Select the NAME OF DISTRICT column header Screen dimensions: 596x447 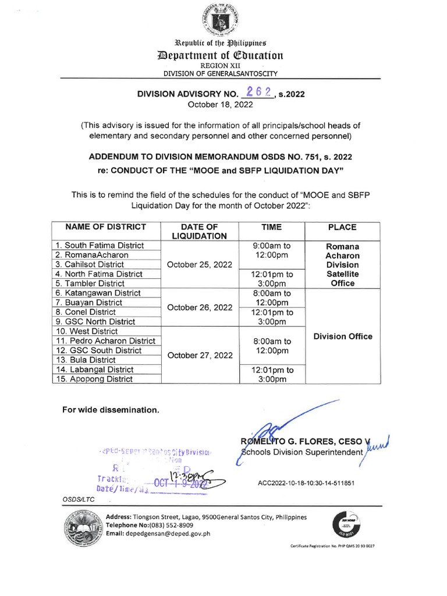coord(106,227)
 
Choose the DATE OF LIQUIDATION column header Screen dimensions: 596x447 coord(200,231)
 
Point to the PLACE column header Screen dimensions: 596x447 coord(342,227)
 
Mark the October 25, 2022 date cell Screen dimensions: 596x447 coord(200,264)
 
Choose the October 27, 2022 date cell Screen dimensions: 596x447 coord(200,355)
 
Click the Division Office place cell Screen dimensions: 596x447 coord(342,336)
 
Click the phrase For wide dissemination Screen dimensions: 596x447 coord(111,410)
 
